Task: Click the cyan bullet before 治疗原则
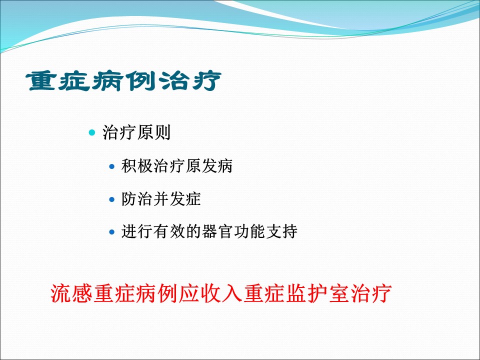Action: [x=92, y=133]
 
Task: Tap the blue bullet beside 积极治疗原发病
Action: [x=111, y=167]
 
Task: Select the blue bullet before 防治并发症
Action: [x=111, y=200]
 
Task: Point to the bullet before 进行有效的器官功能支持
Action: [x=111, y=232]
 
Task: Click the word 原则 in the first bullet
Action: [x=153, y=132]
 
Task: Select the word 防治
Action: [x=137, y=199]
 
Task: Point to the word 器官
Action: [x=217, y=231]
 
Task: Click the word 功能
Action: [x=249, y=231]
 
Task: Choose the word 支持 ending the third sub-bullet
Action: [x=281, y=231]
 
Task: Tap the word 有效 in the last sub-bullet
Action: [x=169, y=231]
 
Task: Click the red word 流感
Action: [x=71, y=293]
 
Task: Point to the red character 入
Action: [x=232, y=293]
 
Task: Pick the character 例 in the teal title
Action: [x=140, y=81]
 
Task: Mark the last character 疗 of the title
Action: [x=206, y=81]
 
